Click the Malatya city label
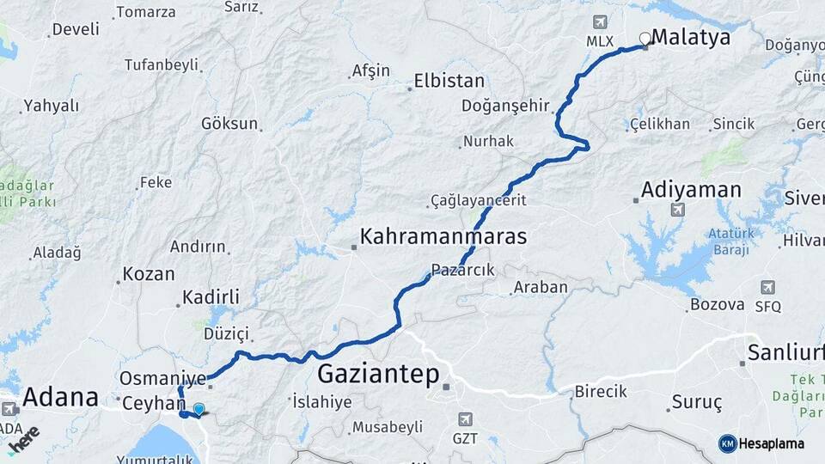click(x=691, y=37)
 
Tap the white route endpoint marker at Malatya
click(x=645, y=39)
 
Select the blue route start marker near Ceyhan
click(x=199, y=410)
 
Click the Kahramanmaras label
click(x=443, y=236)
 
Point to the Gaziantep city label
click(x=378, y=374)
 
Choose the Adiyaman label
click(x=691, y=190)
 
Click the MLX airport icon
click(x=599, y=21)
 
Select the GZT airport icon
click(x=465, y=419)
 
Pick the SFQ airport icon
click(x=767, y=287)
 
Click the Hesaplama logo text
click(x=772, y=443)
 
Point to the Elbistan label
click(x=449, y=82)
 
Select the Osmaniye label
click(x=163, y=378)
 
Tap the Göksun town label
click(x=229, y=123)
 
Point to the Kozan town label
click(x=149, y=274)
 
